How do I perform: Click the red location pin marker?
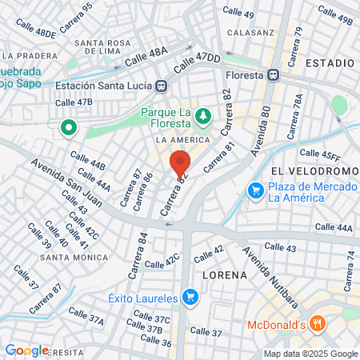pos(180,163)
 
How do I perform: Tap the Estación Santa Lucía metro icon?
pos(162,86)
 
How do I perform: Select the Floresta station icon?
pos(274,74)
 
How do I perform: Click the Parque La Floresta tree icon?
pos(203,117)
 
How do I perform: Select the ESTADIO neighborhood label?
pos(330,62)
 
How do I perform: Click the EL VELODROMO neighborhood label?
pos(312,171)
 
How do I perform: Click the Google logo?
pos(26,350)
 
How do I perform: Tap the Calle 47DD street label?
pos(196,61)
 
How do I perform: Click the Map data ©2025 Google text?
pos(311,354)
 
